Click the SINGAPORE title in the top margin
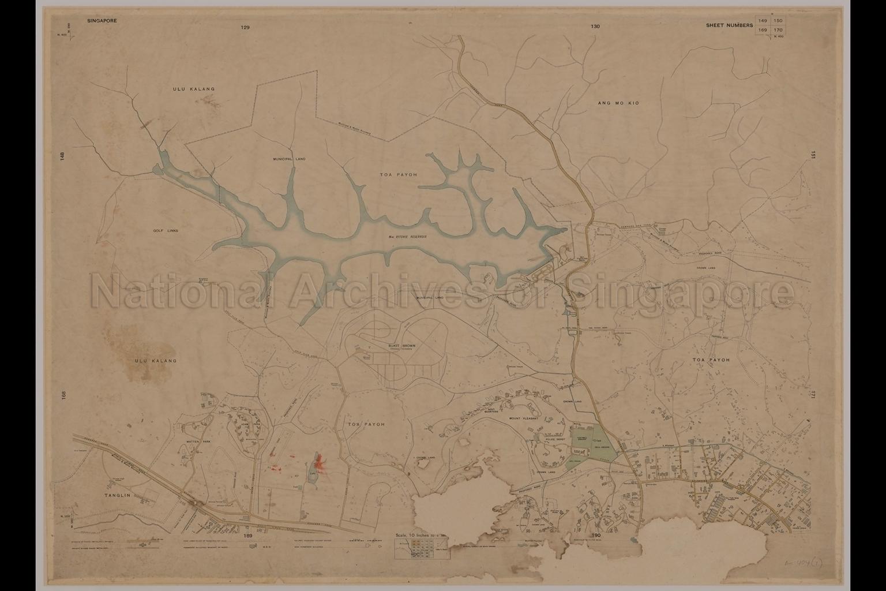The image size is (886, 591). point(102,20)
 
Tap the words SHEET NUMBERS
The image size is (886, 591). point(729,25)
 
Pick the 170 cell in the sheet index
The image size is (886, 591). point(778,30)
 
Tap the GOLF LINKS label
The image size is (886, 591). point(166,230)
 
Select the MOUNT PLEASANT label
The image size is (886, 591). point(524,418)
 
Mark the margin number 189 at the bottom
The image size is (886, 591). point(248,536)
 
